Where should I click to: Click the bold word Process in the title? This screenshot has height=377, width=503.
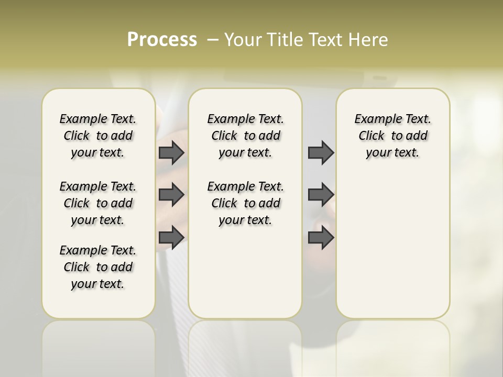(162, 40)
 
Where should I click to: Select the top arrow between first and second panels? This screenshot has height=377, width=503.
(171, 153)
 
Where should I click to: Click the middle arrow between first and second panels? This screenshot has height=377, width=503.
(171, 195)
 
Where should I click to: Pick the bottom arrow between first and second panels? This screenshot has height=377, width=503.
(171, 237)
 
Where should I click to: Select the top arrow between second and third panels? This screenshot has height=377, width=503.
(321, 153)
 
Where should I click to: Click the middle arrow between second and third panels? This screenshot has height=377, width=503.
(321, 195)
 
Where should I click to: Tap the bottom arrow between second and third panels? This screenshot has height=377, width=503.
(321, 237)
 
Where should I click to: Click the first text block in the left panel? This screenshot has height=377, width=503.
(98, 136)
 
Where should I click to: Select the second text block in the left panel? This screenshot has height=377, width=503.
(98, 203)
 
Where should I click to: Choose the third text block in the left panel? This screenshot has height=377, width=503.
(98, 267)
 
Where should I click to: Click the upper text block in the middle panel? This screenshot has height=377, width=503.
(245, 136)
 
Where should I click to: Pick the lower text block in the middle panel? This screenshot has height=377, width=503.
(245, 203)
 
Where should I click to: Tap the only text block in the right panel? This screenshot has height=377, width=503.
(392, 136)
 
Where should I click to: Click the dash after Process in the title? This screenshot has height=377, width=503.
(213, 40)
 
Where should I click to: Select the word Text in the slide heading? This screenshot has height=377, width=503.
(324, 40)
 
